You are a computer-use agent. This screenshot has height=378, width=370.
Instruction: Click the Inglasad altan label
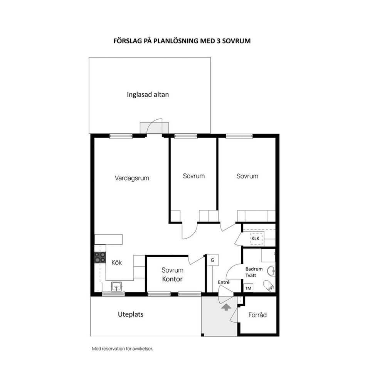(148, 95)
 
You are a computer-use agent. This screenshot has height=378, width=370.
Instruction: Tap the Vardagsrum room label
(132, 178)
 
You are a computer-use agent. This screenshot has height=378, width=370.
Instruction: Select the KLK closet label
(255, 238)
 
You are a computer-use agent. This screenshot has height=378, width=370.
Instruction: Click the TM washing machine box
(248, 288)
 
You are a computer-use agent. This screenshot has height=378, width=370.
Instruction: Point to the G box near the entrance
(212, 260)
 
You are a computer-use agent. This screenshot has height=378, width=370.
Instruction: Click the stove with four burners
(100, 257)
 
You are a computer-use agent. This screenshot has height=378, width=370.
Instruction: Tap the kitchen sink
(117, 286)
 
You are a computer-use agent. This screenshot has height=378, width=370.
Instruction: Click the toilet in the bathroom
(269, 286)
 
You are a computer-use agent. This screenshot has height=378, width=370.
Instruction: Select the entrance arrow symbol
(226, 307)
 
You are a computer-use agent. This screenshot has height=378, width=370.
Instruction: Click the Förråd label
(257, 315)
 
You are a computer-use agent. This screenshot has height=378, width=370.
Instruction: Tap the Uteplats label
(131, 314)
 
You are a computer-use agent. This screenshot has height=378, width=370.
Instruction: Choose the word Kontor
(172, 279)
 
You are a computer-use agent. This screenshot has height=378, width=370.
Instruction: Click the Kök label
(117, 262)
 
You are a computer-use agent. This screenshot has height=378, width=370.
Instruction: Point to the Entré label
(224, 282)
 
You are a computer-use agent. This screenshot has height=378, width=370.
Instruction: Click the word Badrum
(254, 269)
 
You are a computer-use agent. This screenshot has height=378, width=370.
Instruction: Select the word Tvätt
(251, 275)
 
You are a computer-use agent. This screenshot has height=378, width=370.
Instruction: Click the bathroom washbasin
(271, 271)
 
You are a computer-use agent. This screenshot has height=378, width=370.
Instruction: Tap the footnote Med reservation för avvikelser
(123, 349)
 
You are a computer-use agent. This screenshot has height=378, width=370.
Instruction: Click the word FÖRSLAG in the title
(128, 41)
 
